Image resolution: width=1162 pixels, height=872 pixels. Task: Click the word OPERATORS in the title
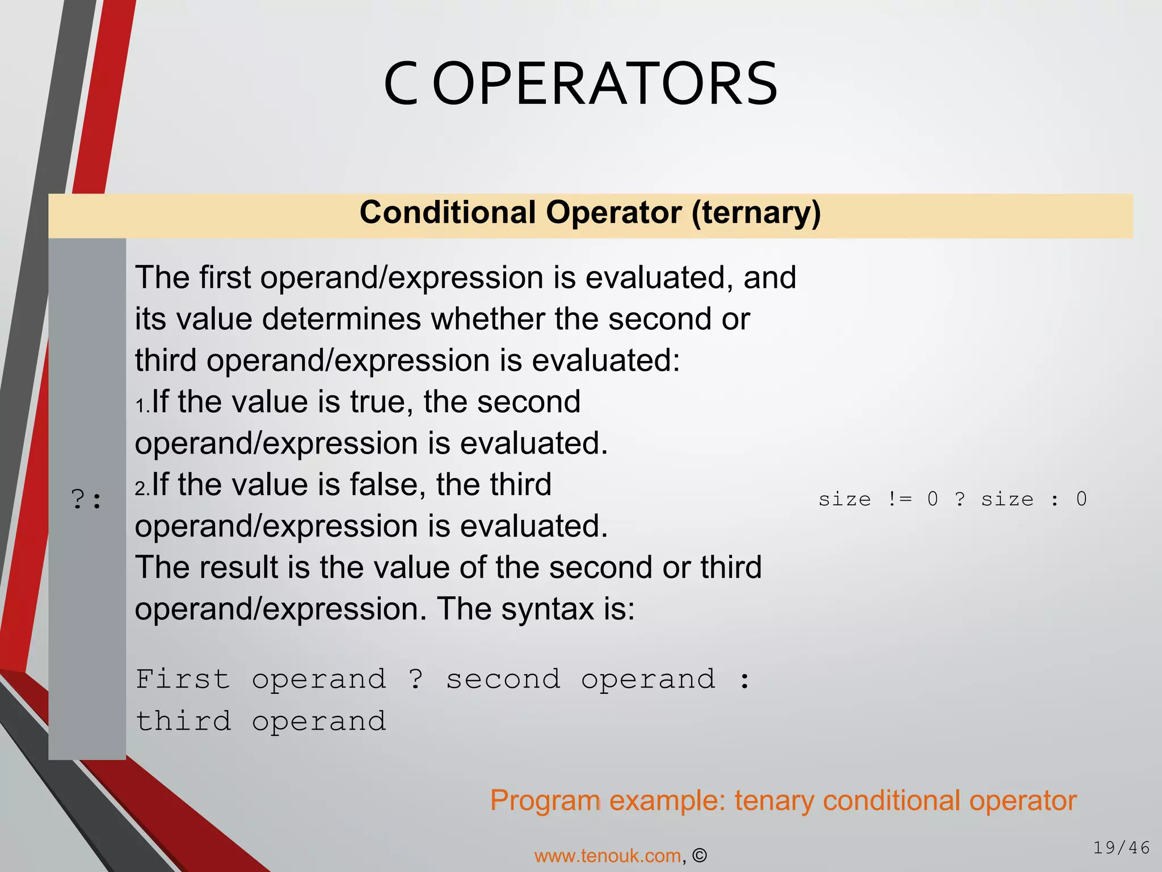(605, 84)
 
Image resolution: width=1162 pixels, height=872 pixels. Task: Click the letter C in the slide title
(401, 84)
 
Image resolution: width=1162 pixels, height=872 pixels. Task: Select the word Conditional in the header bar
(448, 213)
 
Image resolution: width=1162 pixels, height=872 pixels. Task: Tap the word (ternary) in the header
(756, 213)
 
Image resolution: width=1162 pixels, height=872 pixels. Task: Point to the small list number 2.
(141, 488)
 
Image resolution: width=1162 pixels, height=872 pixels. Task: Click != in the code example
(899, 499)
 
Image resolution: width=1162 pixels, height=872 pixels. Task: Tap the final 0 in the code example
(1081, 499)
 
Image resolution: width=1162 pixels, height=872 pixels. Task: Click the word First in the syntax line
(183, 680)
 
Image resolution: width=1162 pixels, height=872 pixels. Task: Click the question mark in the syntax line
(416, 680)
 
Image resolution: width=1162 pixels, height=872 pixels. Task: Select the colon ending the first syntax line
(745, 680)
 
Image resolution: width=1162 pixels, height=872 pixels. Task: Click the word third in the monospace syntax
(183, 722)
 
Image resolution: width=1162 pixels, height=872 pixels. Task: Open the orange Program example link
(783, 800)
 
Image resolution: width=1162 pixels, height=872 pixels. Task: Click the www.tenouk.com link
(608, 856)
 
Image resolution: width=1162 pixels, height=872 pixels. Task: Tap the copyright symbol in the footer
(700, 856)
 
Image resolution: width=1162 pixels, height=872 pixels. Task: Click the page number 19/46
(1121, 848)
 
